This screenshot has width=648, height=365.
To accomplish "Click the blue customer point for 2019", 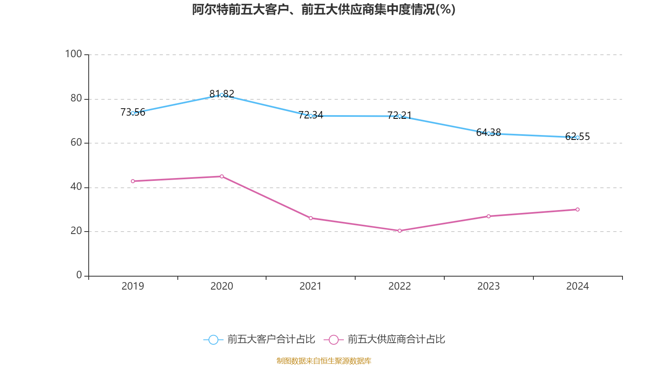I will [x=133, y=113].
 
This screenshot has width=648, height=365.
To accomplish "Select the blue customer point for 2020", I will [x=222, y=95].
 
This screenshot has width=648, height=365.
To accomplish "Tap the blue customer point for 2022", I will [x=400, y=116].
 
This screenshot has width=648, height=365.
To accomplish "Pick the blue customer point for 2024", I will [x=578, y=137].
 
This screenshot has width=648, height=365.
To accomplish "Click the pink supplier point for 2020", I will [x=222, y=176].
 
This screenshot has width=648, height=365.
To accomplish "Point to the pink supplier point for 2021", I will [x=311, y=218].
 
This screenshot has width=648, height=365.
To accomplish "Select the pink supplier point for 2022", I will [x=400, y=231].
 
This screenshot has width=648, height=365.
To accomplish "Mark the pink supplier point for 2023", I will [x=488, y=216].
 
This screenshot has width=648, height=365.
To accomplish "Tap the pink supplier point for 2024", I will [x=578, y=210].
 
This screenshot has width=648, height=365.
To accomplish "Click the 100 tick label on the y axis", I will [x=74, y=54].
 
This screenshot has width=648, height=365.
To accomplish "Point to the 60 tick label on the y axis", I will [x=76, y=143].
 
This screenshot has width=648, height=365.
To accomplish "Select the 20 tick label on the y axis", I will [x=76, y=231].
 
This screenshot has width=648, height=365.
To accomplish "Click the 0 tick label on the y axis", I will [x=79, y=275].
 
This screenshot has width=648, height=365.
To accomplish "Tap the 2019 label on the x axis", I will [x=133, y=286].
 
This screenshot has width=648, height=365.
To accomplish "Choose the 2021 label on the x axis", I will [x=311, y=286].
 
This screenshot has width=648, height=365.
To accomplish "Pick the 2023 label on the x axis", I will [x=488, y=286].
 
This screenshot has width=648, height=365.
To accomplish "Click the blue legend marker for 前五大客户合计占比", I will [x=213, y=339].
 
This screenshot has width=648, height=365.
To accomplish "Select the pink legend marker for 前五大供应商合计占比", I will [x=333, y=339].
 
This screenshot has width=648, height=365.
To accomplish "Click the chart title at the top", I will [x=324, y=9].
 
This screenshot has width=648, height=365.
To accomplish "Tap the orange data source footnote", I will [x=324, y=361].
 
